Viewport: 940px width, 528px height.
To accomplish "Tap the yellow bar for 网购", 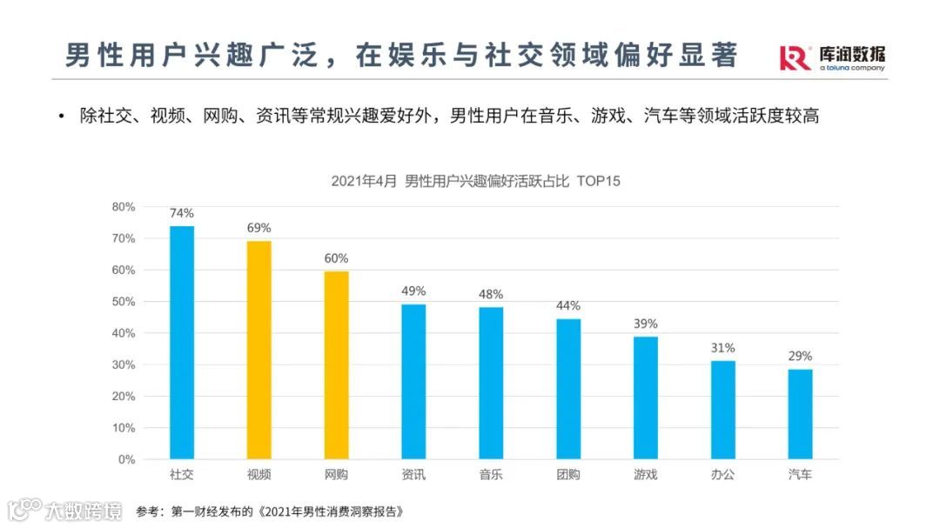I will (336, 364).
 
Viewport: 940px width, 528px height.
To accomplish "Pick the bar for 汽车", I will (800, 414).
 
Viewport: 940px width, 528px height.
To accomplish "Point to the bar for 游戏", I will (645, 398).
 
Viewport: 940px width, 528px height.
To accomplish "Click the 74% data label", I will (182, 213).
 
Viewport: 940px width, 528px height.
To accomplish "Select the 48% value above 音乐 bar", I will (491, 294).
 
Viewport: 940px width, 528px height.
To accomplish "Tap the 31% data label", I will (722, 348).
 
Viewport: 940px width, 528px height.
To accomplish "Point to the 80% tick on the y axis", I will (123, 207).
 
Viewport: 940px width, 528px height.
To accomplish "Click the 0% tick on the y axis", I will (126, 459).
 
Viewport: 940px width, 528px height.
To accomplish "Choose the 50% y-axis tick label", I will (123, 302).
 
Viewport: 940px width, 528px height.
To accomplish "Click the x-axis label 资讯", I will (413, 475).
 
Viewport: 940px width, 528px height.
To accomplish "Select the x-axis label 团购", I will (568, 475).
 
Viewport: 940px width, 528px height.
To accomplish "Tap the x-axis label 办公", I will (722, 475).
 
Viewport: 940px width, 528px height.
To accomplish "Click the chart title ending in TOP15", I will (474, 181).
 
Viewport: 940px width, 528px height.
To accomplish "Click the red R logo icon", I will (795, 57).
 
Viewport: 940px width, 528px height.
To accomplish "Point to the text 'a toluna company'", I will (851, 68).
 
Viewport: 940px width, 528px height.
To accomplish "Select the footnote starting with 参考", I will (271, 511).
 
